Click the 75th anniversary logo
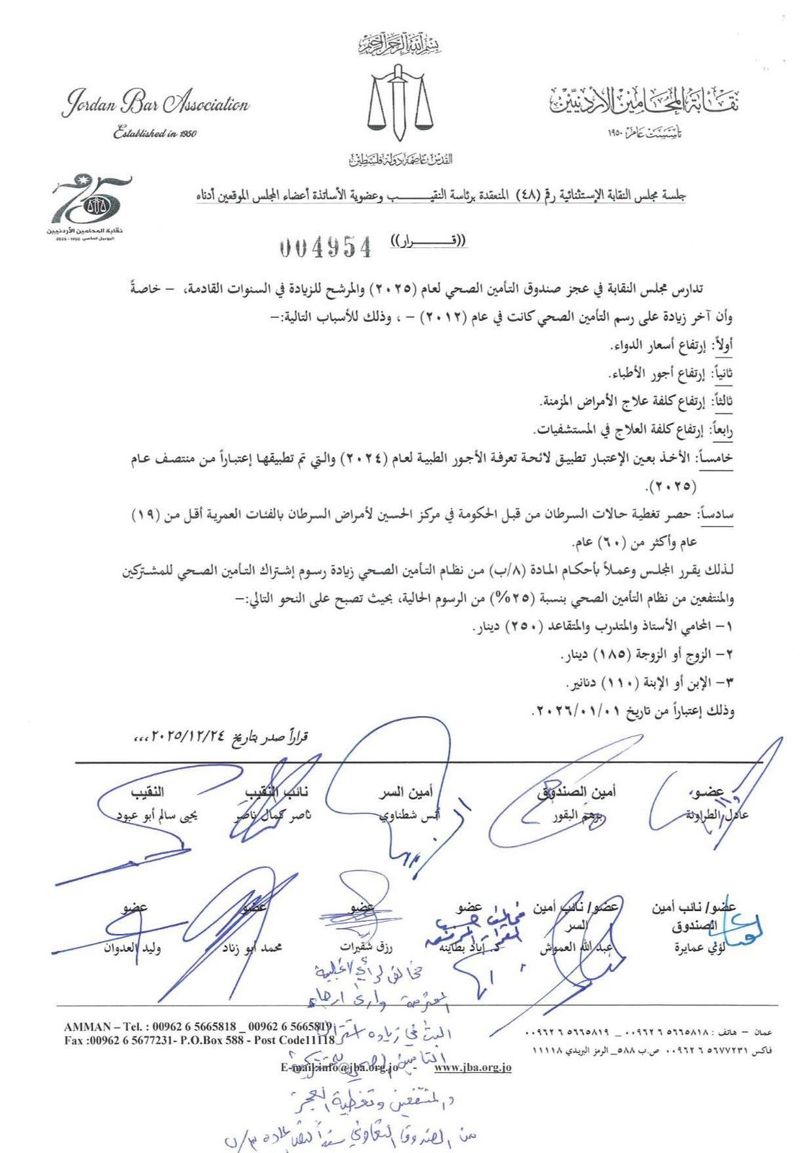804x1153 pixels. click(91, 205)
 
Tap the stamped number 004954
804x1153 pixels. click(326, 247)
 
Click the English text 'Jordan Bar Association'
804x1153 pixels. click(156, 104)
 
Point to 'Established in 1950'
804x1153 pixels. click(154, 133)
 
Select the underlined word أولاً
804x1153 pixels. click(723, 347)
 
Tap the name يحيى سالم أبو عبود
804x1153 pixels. click(158, 816)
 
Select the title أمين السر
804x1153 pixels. click(406, 793)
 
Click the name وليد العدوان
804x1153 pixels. click(133, 947)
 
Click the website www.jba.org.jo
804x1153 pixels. click(473, 1067)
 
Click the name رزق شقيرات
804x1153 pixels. click(366, 947)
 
